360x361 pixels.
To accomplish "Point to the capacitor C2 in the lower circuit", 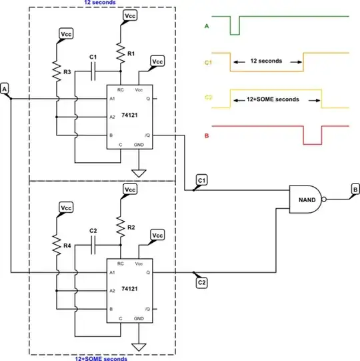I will pos(93,246).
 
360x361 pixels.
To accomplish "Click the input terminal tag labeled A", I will pos(5,88).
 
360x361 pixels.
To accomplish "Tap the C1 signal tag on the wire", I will pos(202,180).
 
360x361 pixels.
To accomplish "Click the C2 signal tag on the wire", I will pos(201,283).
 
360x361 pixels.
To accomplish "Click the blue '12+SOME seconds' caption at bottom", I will pos(101,358).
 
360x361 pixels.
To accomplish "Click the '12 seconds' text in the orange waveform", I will pos(266,61).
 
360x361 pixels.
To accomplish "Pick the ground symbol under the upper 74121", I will pos(139,173).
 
